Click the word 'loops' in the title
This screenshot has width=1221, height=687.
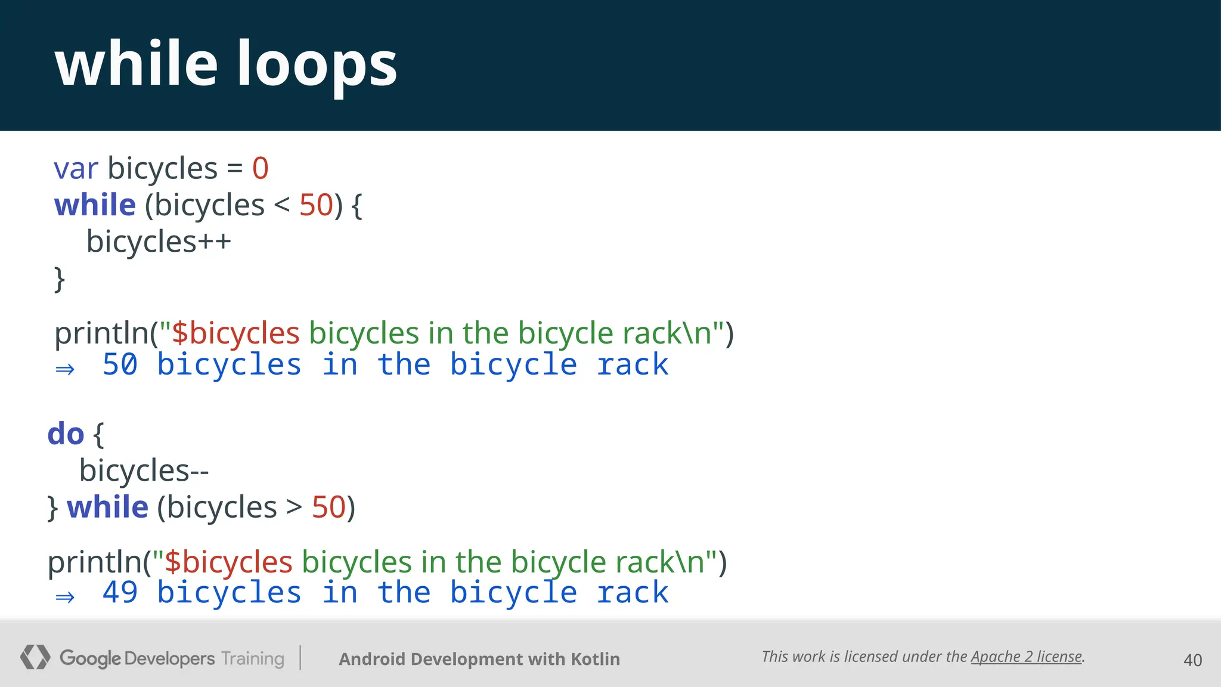click(x=317, y=64)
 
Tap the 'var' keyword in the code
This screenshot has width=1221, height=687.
click(x=76, y=168)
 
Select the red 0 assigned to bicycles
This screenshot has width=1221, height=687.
click(x=261, y=168)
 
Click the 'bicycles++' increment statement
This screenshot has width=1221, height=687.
click(x=159, y=242)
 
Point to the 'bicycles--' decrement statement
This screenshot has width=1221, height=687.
click(x=144, y=471)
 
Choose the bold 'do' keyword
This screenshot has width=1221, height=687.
click(x=66, y=434)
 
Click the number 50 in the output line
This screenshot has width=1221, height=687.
click(x=120, y=364)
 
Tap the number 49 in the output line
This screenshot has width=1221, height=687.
click(x=120, y=593)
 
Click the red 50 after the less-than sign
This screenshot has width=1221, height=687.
click(x=316, y=205)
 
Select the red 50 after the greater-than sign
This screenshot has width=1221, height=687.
click(x=329, y=507)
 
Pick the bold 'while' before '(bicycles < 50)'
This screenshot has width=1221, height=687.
click(x=95, y=205)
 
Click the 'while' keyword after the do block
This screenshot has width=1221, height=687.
click(x=108, y=507)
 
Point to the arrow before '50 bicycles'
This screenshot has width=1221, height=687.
click(x=65, y=369)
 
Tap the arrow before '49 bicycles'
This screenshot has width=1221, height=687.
click(x=65, y=597)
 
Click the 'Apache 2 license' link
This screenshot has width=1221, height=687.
click(x=1026, y=657)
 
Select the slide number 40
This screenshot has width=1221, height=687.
click(x=1192, y=660)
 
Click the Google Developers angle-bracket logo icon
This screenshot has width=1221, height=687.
click(x=35, y=657)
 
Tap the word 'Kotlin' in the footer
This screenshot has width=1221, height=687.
click(x=595, y=659)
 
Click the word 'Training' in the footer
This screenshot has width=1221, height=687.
click(x=253, y=658)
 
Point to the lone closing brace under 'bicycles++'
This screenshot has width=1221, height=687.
click(x=59, y=279)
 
